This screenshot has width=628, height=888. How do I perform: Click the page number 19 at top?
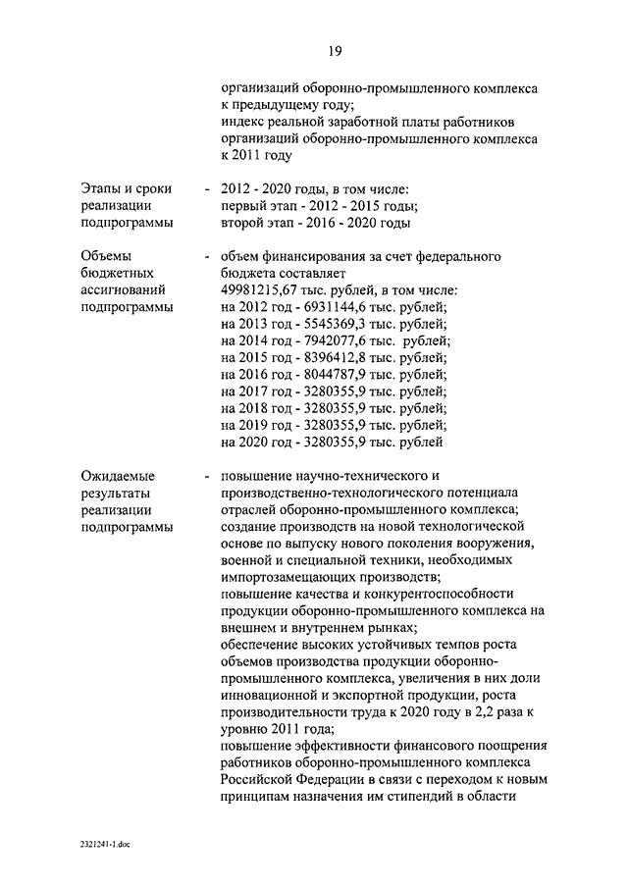tap(335, 51)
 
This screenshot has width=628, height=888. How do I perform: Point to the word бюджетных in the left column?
tap(117, 274)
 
